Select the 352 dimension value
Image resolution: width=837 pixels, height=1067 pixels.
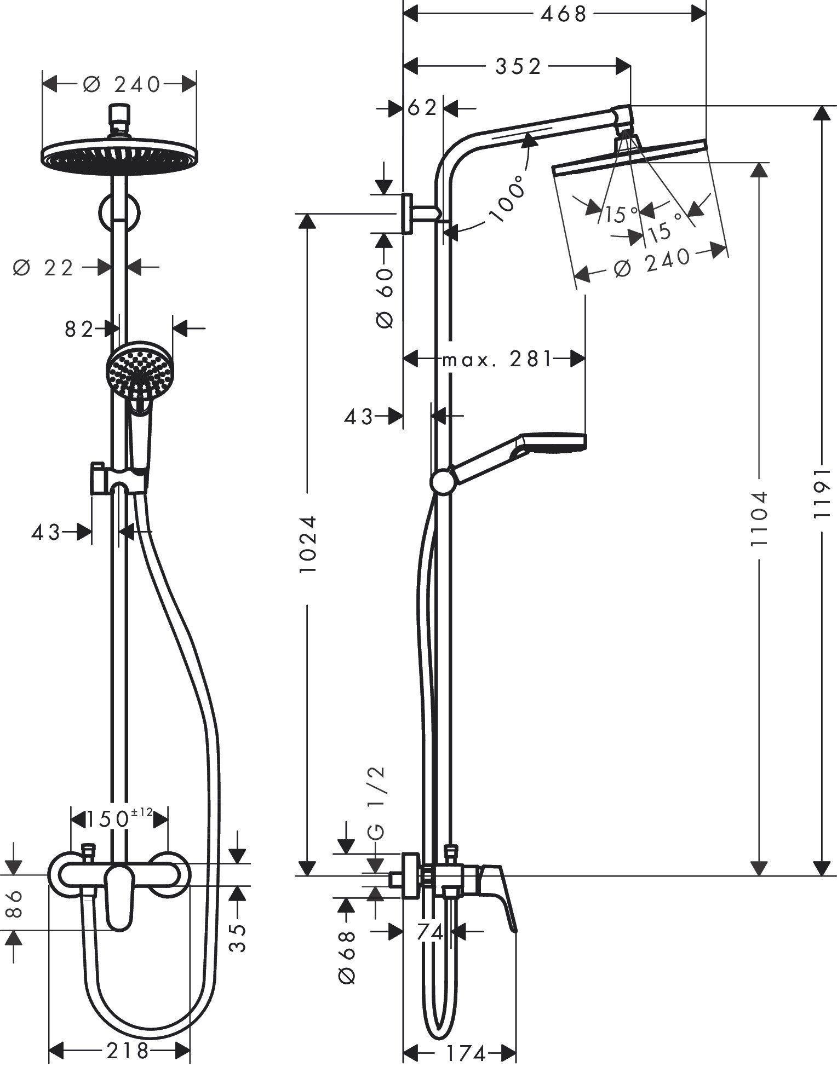[x=518, y=66]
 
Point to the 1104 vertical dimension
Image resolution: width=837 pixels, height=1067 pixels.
[x=759, y=518]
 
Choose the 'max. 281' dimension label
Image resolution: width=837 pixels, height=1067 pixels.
[x=496, y=360]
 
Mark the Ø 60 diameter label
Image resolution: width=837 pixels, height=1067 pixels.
[x=386, y=298]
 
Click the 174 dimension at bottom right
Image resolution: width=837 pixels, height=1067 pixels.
[x=466, y=1053]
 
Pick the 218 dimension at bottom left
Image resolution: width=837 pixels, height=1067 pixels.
[x=127, y=1050]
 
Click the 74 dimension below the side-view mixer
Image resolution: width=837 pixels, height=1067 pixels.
[x=429, y=932]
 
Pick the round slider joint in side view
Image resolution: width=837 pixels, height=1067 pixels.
[x=442, y=482]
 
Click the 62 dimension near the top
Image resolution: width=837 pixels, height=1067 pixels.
[x=422, y=108]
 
